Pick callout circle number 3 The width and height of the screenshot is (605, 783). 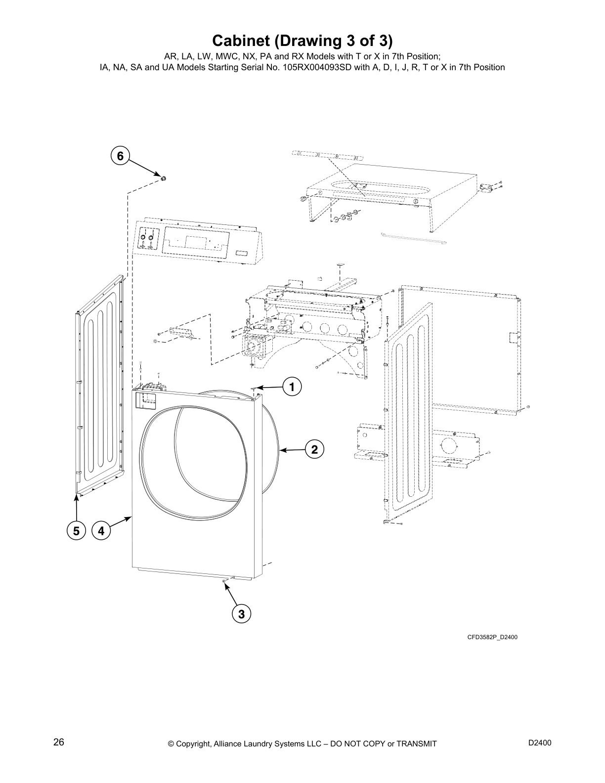(x=241, y=614)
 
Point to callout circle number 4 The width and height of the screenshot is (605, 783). (x=101, y=531)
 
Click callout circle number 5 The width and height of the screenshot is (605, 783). (x=76, y=531)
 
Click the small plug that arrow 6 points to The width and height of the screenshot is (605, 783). (x=162, y=178)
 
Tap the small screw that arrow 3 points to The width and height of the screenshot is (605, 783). (x=224, y=581)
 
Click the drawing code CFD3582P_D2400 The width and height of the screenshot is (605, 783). (x=492, y=637)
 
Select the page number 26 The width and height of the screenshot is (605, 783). (x=58, y=742)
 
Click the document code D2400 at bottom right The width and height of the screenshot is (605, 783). (x=540, y=743)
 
